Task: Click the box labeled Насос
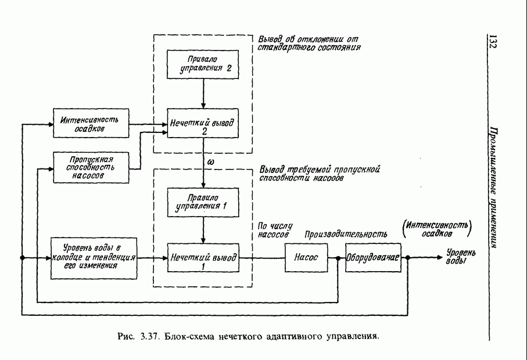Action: pyautogui.click(x=306, y=258)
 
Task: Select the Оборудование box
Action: pyautogui.click(x=373, y=258)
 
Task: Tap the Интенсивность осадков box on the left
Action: pyautogui.click(x=90, y=123)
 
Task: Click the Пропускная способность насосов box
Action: pyautogui.click(x=90, y=167)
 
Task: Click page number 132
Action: pyautogui.click(x=493, y=42)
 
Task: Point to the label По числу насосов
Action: pyautogui.click(x=273, y=230)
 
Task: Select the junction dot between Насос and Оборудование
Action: pyautogui.click(x=338, y=258)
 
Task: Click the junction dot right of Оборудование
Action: pyautogui.click(x=408, y=258)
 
